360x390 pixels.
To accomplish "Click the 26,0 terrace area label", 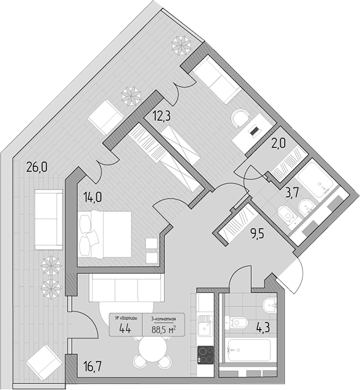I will [x=36, y=167].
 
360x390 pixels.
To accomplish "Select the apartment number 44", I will [x=126, y=327].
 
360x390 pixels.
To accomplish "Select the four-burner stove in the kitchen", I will [x=206, y=355].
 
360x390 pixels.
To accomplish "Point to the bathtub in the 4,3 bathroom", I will [x=248, y=349].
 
